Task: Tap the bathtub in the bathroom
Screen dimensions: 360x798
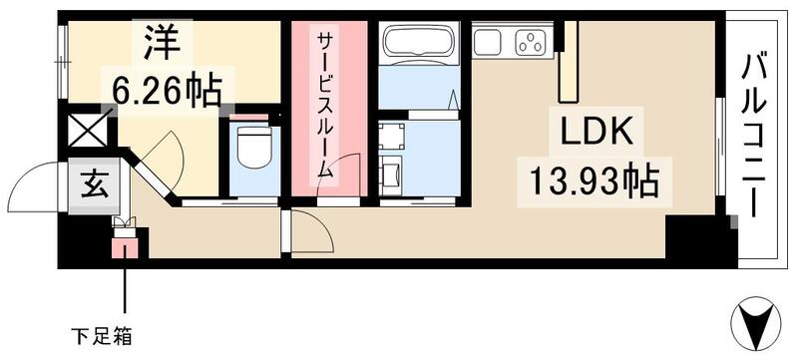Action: [x=418, y=44]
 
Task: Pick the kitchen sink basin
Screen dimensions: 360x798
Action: [x=489, y=42]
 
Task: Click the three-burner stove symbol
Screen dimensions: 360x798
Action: [x=532, y=42]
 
